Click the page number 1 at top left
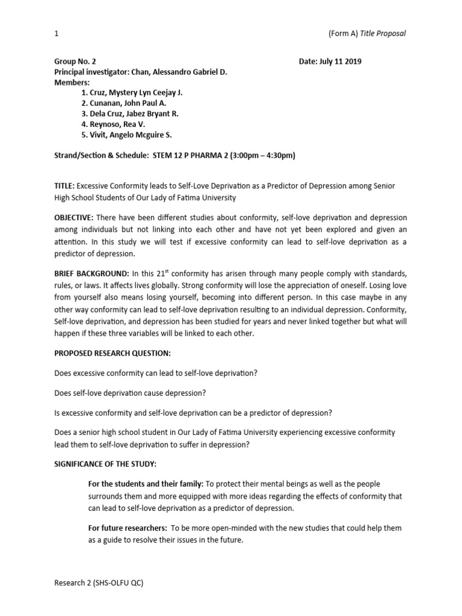click(x=56, y=33)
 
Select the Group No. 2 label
click(x=75, y=62)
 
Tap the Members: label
click(x=72, y=82)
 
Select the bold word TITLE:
click(x=64, y=186)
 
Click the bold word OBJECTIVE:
click(x=73, y=217)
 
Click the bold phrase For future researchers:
click(x=127, y=528)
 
